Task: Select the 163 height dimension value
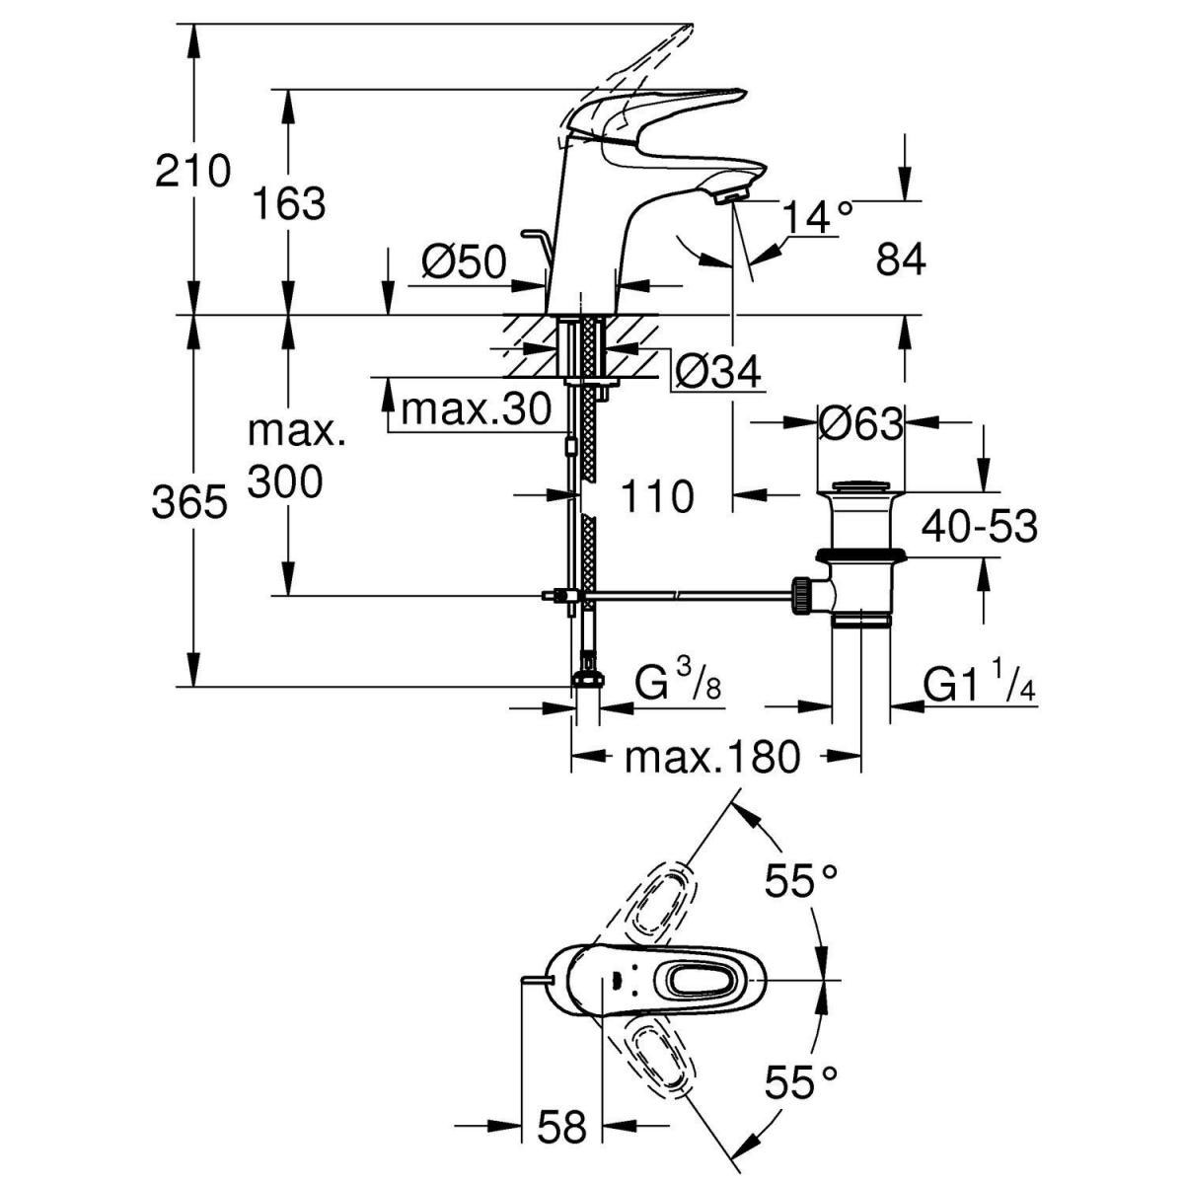[288, 204]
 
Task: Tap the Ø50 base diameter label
[463, 262]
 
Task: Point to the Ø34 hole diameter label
[719, 372]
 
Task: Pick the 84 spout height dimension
[900, 260]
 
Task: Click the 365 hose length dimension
[189, 503]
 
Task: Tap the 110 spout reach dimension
[657, 496]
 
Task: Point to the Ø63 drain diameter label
[859, 424]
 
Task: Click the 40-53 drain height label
[980, 528]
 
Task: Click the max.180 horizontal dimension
[711, 758]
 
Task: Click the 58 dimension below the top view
[561, 1126]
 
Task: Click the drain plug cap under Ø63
[860, 486]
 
